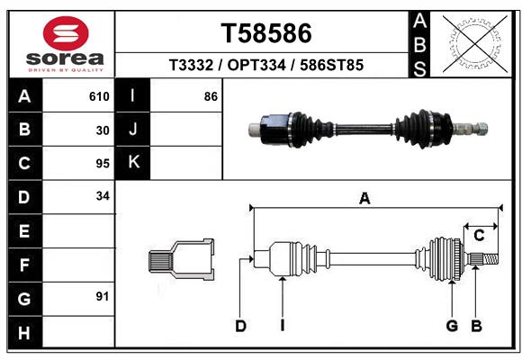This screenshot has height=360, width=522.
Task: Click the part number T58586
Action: tap(266, 33)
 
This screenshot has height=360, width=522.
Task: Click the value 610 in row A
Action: tap(99, 96)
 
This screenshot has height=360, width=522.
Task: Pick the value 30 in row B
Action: tap(103, 130)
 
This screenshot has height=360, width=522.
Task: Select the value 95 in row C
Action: tap(103, 164)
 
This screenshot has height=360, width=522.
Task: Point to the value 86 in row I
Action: tap(211, 96)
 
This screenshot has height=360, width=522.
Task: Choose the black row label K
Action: tap(133, 163)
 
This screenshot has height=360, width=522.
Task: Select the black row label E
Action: tap(24, 231)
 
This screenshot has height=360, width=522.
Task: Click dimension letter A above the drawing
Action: tap(364, 199)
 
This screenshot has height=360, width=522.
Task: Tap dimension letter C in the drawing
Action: tap(480, 236)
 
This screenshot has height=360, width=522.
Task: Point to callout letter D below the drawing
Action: tap(240, 326)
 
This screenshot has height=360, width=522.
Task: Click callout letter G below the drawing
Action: tap(452, 326)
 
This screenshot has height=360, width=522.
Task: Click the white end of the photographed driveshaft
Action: tap(253, 128)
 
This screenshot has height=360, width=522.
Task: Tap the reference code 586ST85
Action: tap(331, 67)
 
